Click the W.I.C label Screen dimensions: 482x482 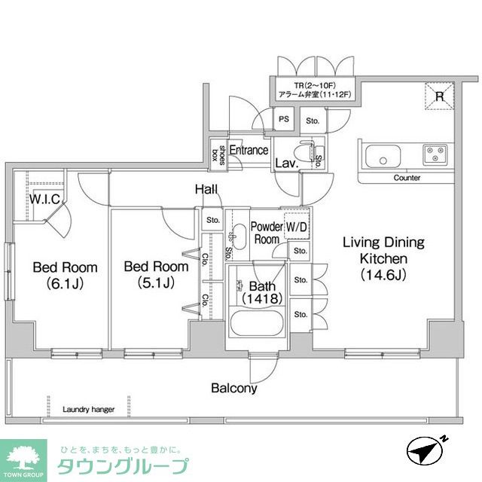44,200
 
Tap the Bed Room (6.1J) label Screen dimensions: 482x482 64,275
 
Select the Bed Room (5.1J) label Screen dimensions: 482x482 156,275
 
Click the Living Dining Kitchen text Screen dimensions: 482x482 383,258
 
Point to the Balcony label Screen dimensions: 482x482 233,389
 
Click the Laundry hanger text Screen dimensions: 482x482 89,410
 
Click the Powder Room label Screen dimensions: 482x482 266,232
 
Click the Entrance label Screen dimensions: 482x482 249,150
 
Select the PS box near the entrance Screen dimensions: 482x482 283,119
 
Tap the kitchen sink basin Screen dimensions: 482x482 382,160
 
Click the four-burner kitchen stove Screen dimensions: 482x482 435,154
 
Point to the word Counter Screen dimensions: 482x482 407,178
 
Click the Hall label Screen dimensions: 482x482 207,190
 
